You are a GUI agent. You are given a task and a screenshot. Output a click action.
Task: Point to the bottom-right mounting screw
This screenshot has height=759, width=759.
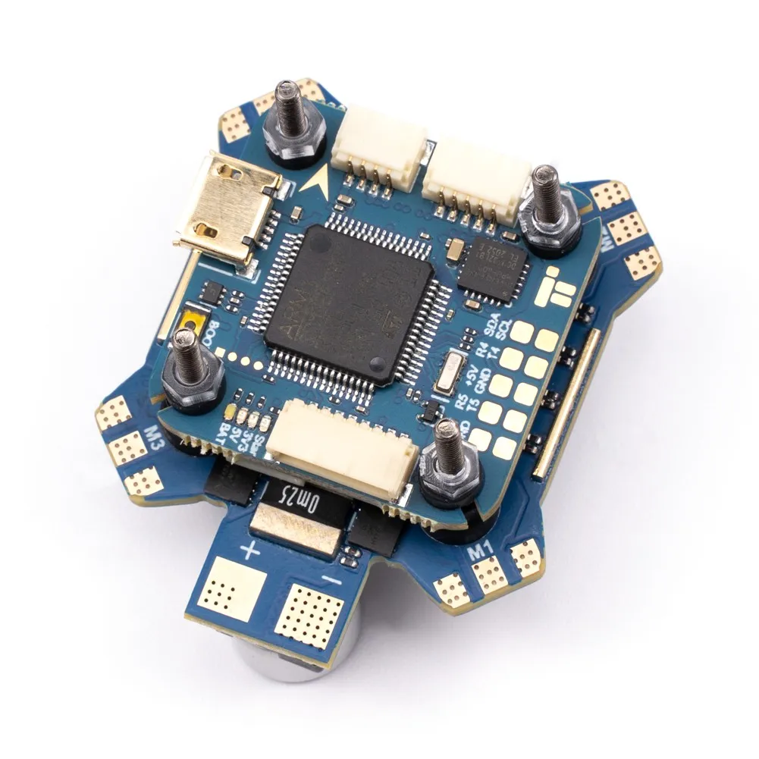tap(447, 463)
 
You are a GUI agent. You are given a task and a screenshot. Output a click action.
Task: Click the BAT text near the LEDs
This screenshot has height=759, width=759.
tap(227, 435)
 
